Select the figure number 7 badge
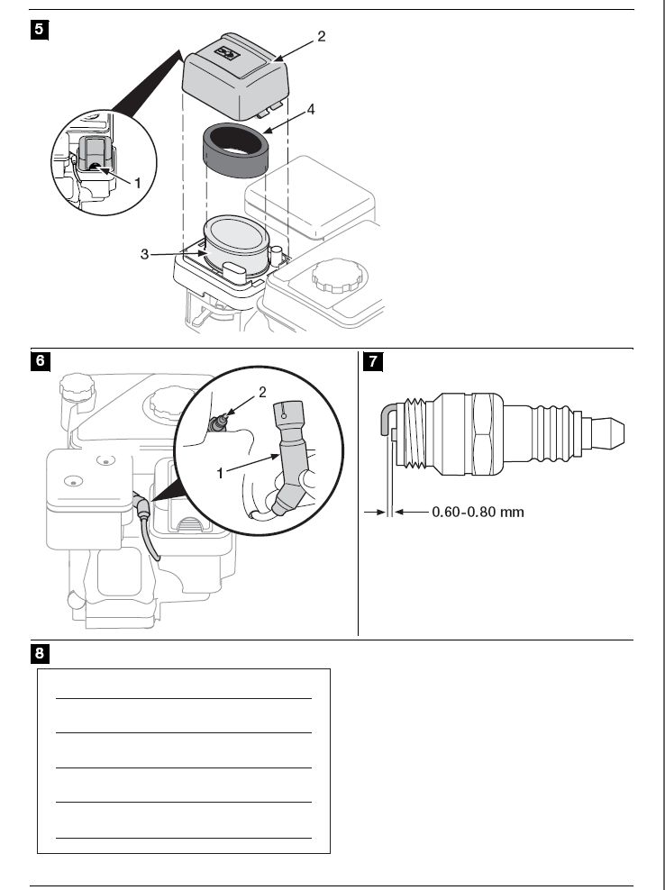point(370,361)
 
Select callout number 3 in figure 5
point(144,255)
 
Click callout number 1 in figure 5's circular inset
point(138,182)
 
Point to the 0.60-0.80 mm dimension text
point(478,512)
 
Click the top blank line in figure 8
point(184,697)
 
